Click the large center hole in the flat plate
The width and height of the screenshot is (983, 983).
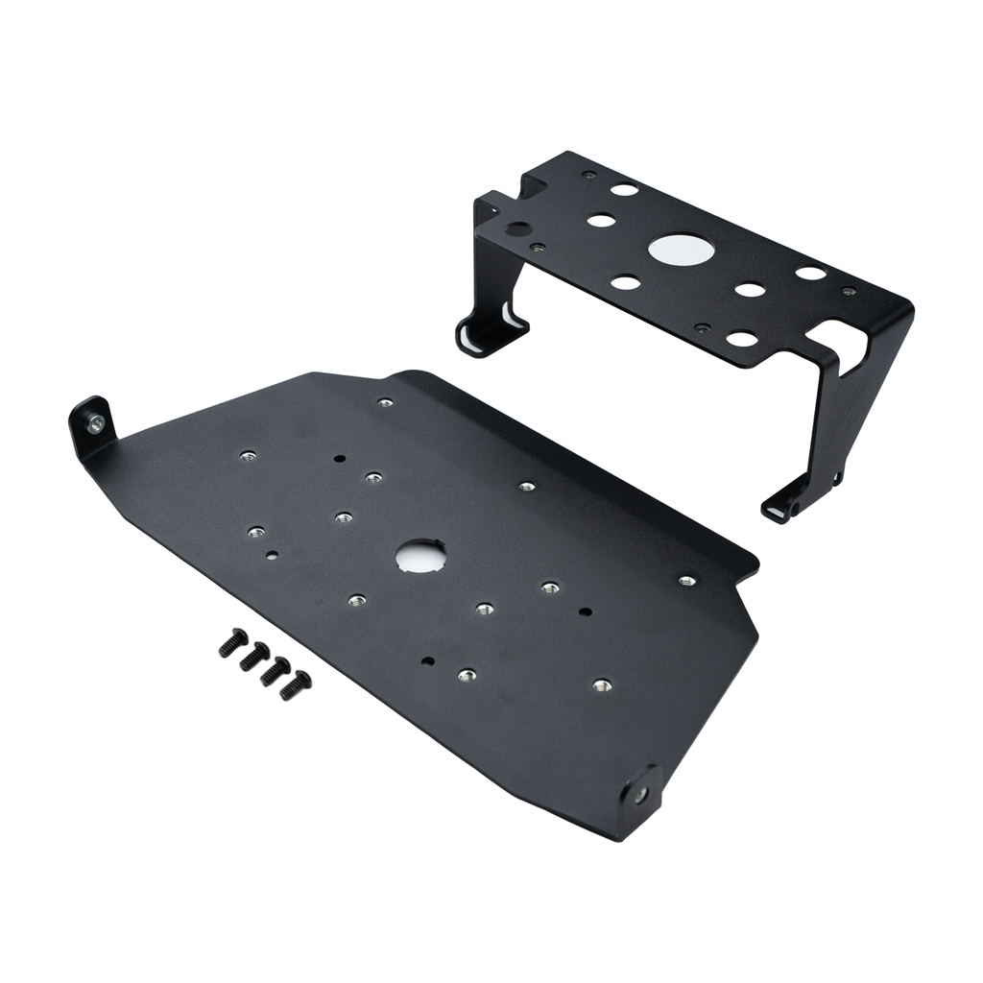tap(420, 554)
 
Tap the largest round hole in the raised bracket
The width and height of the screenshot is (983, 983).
tap(681, 250)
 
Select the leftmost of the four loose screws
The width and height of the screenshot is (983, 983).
tap(232, 642)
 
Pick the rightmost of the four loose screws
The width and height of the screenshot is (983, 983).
tap(295, 684)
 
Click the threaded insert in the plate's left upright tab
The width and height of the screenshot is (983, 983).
tap(95, 422)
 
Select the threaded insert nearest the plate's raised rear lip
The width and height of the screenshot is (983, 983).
tap(385, 402)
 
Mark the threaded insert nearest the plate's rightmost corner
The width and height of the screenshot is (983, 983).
tap(686, 581)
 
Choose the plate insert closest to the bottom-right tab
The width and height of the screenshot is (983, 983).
tap(602, 685)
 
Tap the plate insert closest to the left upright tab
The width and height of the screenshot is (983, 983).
tap(248, 455)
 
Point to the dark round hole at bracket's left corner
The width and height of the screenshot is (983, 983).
tap(517, 229)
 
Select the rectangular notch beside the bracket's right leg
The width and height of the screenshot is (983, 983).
tap(827, 337)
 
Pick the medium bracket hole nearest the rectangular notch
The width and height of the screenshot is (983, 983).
tap(742, 338)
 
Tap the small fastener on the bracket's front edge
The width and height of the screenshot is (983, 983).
tap(703, 327)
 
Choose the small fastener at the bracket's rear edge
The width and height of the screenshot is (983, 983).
tap(588, 176)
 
